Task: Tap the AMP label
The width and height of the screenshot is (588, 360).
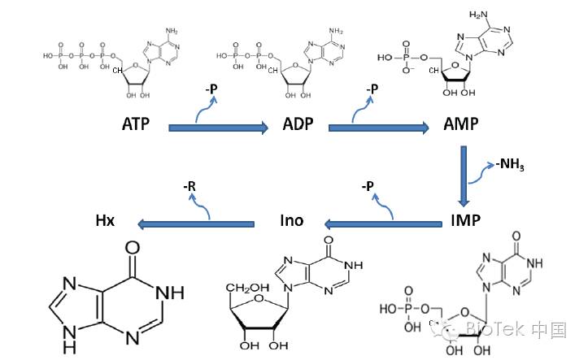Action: [x=461, y=126]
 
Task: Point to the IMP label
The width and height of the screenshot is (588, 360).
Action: [x=464, y=220]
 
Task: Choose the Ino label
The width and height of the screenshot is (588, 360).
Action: [x=293, y=220]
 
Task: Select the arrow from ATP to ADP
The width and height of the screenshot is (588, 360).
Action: [x=218, y=127]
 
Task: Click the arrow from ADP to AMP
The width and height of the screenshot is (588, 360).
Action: [x=379, y=127]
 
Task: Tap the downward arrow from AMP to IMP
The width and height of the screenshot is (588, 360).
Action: [x=464, y=176]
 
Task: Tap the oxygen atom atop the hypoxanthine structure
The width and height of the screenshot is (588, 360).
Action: [x=132, y=248]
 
